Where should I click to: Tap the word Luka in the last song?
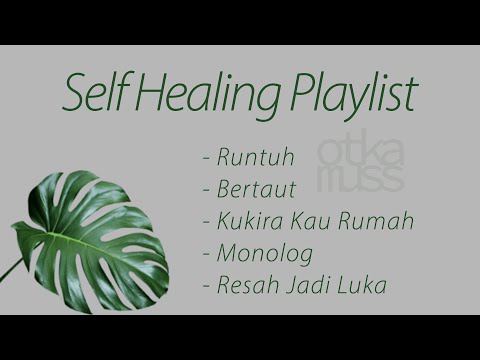pos(362,284)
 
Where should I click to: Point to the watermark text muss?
pos(363,180)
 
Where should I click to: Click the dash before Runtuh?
pos(206,157)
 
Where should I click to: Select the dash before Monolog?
pos(206,253)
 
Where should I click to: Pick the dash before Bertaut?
pos(206,189)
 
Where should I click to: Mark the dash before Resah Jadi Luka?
pos(206,286)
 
